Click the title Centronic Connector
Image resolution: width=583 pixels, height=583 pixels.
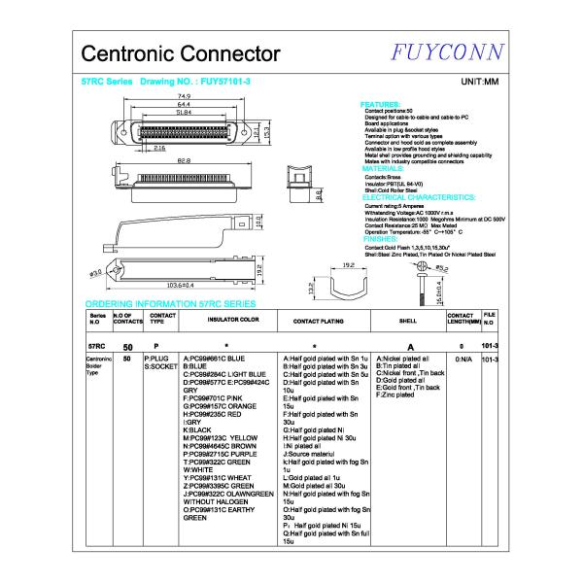181,53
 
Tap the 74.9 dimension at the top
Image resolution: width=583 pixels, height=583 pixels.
183,97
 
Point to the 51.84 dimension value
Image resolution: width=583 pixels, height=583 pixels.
183,113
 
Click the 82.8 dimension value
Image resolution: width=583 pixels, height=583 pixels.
183,161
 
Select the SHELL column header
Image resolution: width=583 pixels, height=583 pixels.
408,319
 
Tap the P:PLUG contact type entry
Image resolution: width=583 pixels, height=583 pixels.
157,358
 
